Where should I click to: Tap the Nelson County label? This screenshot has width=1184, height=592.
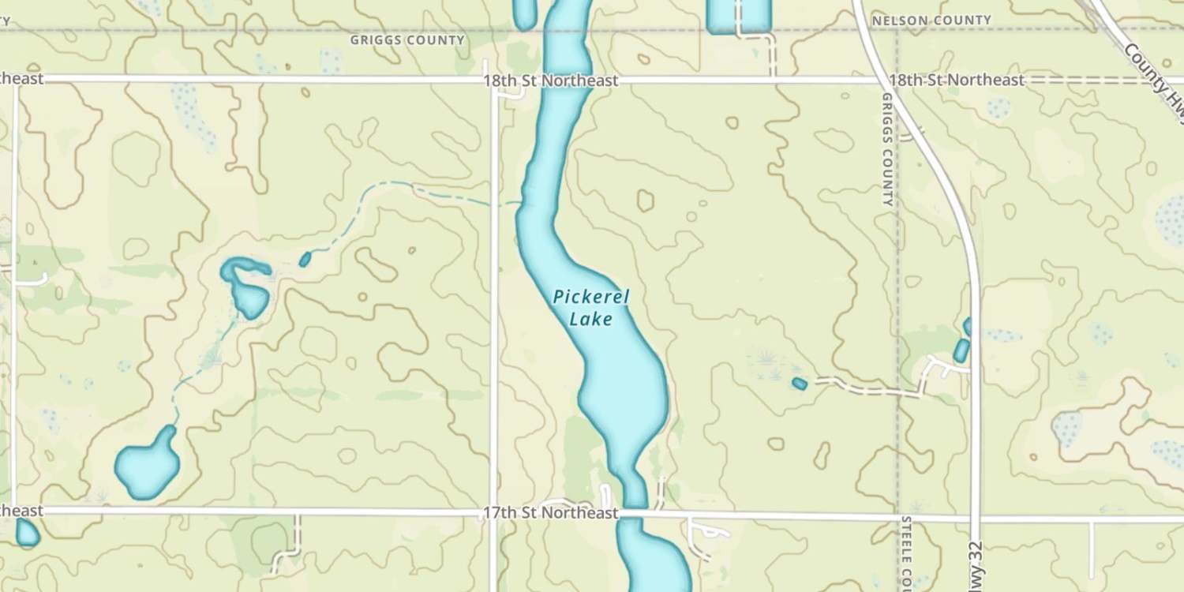click(931, 20)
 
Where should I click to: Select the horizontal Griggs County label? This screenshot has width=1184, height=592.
click(407, 39)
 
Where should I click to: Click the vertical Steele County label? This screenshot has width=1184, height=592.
click(907, 553)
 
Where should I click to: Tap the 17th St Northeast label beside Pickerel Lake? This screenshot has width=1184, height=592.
click(550, 514)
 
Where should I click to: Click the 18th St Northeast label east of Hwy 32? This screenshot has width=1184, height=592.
click(957, 81)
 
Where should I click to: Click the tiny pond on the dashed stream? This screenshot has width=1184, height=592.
click(305, 259)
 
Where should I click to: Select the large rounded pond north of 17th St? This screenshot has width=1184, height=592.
click(148, 465)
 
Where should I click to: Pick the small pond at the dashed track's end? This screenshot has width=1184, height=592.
click(800, 384)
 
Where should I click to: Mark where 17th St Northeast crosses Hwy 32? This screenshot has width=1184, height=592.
click(979, 518)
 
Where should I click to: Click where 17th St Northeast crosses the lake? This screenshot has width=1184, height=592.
click(635, 514)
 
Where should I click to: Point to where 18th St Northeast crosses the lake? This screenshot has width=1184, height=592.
click(559, 81)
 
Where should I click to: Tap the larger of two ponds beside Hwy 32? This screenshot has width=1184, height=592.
click(961, 350)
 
